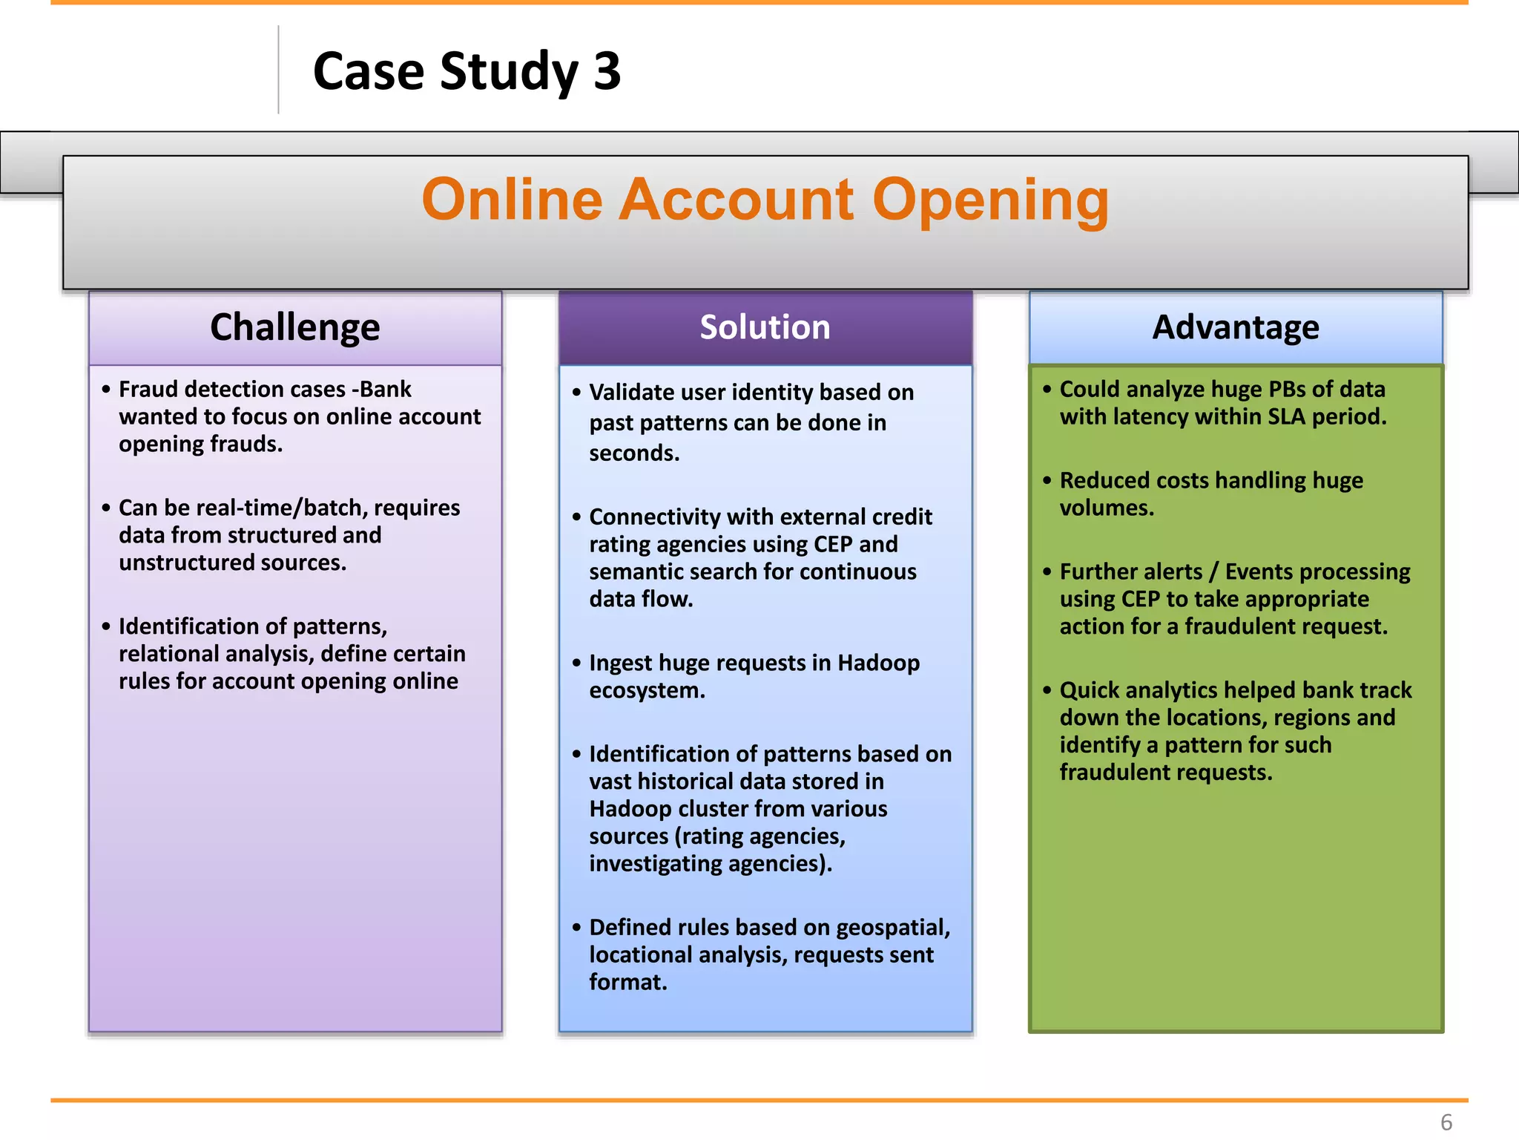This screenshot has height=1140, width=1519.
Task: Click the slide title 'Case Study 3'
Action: pos(467,72)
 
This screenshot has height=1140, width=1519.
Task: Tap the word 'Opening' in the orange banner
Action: pos(991,200)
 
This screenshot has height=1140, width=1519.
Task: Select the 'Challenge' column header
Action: pos(294,327)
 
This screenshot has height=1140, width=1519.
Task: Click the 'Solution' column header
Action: pos(765,327)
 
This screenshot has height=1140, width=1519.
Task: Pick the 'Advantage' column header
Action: pos(1236,327)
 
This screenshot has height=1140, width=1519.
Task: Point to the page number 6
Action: pos(1446,1122)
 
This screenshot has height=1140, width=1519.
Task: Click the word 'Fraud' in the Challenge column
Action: pos(148,389)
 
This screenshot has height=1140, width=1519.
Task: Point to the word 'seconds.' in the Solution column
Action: pos(634,453)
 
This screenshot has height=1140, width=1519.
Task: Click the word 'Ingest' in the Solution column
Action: pos(620,663)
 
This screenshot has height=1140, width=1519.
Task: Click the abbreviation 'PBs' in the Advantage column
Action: pos(1290,389)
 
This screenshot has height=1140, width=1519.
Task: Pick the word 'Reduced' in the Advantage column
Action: pos(1104,480)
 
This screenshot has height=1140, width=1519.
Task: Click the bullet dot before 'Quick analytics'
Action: pos(1047,690)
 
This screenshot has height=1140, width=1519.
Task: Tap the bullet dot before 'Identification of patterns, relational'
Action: pos(106,626)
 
